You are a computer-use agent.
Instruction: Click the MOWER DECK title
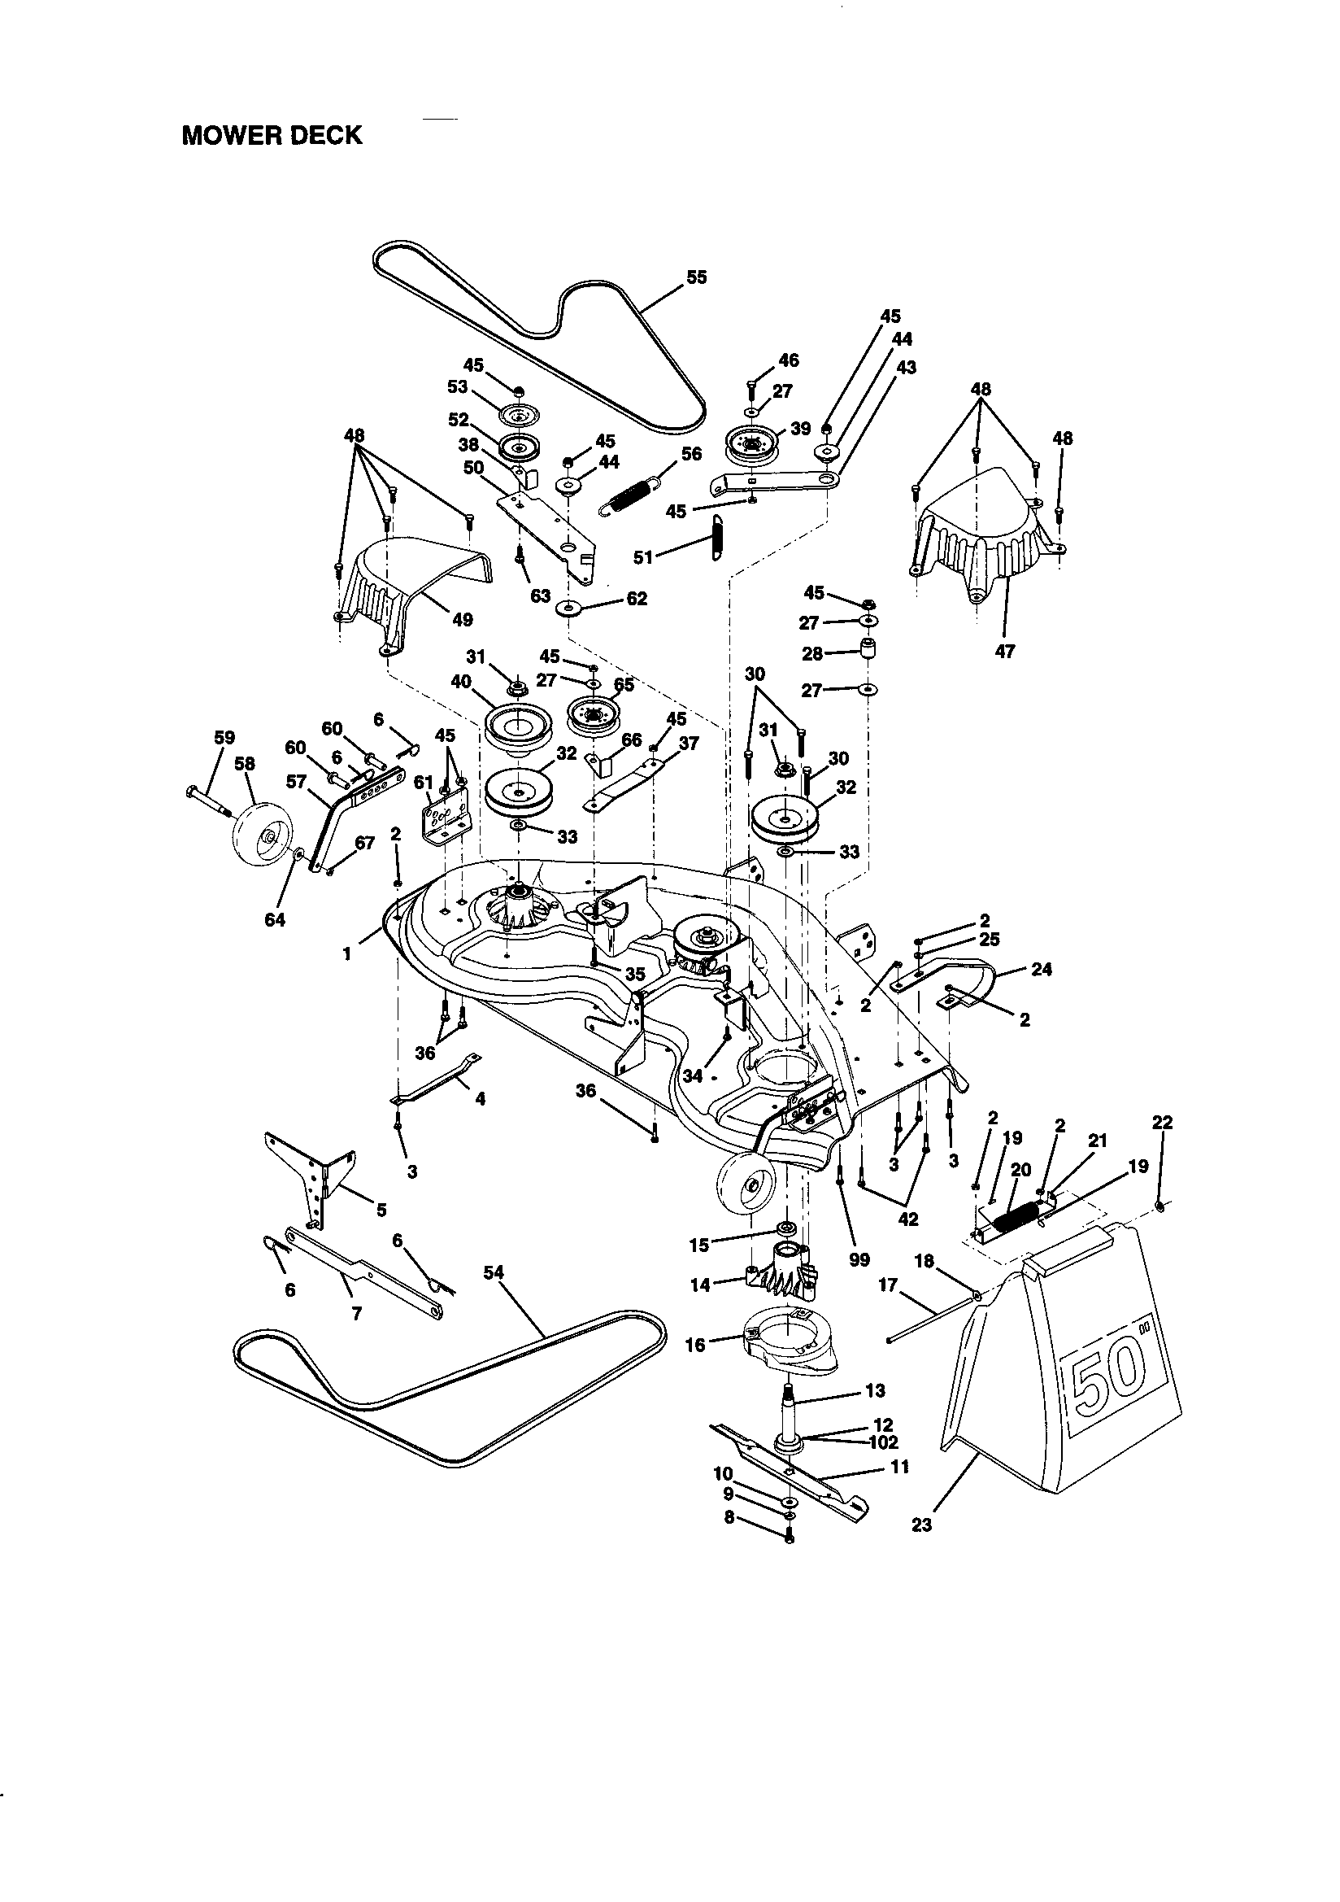tap(272, 135)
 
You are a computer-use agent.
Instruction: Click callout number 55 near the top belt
tap(697, 277)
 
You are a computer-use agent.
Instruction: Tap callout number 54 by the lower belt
tap(494, 1272)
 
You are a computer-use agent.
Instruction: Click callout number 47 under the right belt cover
tap(1004, 651)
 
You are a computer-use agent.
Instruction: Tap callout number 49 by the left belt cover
tap(463, 619)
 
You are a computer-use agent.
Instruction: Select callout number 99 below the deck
tap(859, 1260)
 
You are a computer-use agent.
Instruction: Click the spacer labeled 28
tap(866, 647)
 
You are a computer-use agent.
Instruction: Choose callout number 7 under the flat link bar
tap(356, 1313)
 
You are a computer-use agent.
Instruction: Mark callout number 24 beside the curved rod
tap(1041, 968)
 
